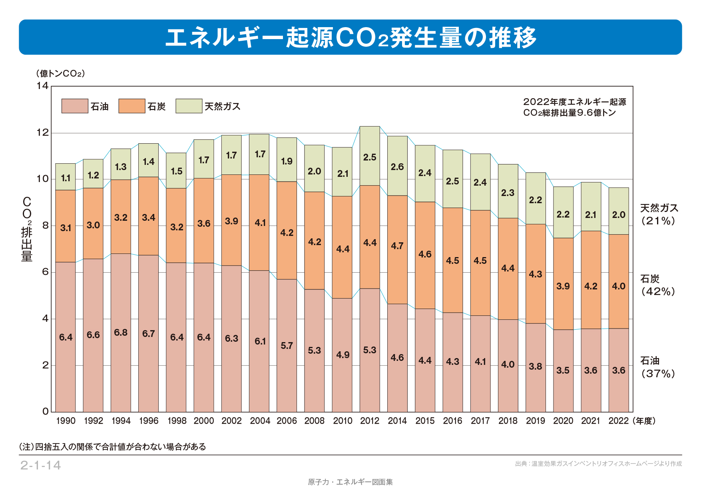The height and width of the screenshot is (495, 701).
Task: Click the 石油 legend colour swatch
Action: (x=75, y=106)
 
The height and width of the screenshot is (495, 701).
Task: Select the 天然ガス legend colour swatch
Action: (x=189, y=106)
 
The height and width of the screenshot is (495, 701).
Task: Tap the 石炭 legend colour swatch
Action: (x=131, y=106)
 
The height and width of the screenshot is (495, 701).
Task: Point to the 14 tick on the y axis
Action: (x=42, y=86)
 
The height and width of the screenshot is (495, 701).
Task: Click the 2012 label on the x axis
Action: (x=369, y=421)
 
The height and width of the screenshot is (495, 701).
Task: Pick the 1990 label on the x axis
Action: (x=66, y=421)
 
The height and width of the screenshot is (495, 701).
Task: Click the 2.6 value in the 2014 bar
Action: (x=397, y=167)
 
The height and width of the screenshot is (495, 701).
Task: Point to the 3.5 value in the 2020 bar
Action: (x=563, y=370)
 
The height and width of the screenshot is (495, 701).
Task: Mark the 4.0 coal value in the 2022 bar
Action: (x=618, y=286)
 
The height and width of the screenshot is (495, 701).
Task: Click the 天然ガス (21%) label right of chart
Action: (x=659, y=214)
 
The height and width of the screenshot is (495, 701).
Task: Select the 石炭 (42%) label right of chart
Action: (x=658, y=285)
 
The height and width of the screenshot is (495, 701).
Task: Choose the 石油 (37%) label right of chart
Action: (x=658, y=367)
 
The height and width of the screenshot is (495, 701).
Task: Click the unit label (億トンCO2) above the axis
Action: (x=60, y=73)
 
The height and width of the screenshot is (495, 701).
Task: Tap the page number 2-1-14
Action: (x=40, y=465)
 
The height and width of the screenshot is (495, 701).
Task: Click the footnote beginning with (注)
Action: (x=112, y=447)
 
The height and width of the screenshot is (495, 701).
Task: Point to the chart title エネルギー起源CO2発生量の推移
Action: (x=350, y=38)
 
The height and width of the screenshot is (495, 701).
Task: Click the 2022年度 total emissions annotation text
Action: (x=574, y=107)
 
